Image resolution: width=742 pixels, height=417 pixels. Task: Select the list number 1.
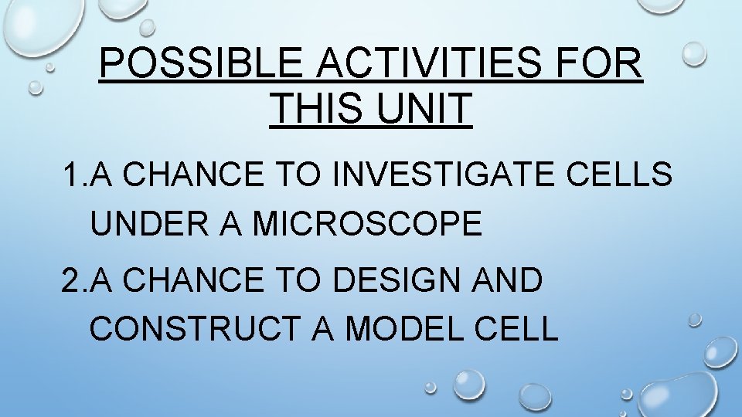[x=72, y=176]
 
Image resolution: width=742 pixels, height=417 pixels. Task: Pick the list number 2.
[x=72, y=281]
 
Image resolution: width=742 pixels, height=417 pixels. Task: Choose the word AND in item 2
[x=511, y=281]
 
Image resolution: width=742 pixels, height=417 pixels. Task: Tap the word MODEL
[x=405, y=329]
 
